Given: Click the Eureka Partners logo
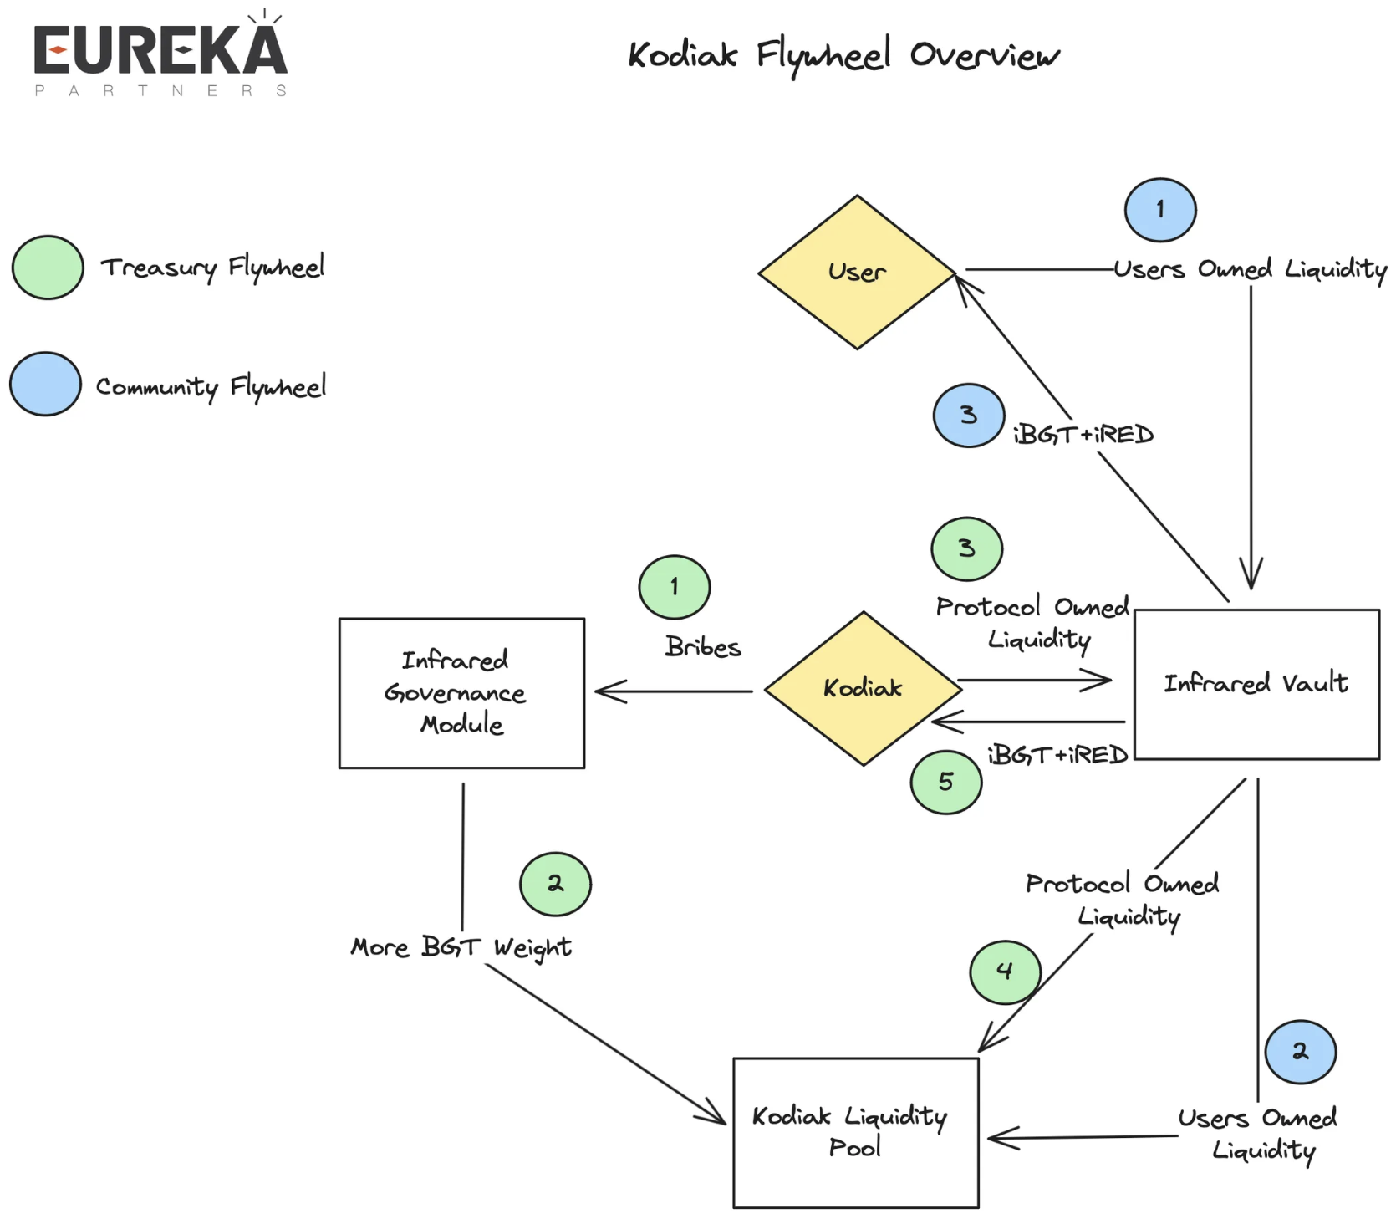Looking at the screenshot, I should [x=160, y=56].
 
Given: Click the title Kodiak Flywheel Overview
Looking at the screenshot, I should [x=843, y=56].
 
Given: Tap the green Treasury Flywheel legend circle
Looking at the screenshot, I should [x=48, y=268].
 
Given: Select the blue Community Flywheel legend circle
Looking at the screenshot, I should [x=46, y=385].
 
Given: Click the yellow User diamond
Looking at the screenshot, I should [x=857, y=273].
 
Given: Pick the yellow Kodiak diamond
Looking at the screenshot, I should [x=863, y=688].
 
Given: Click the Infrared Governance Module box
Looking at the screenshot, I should [x=461, y=693].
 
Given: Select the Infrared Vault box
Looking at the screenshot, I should [x=1256, y=684].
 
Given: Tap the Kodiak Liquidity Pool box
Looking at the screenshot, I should [x=855, y=1133].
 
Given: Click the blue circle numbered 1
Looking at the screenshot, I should [x=1160, y=210].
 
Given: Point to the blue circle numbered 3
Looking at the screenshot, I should [x=969, y=416].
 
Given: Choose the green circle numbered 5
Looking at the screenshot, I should [x=946, y=782].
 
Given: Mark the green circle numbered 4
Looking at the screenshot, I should [x=1005, y=972].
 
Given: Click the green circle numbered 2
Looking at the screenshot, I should [x=555, y=884].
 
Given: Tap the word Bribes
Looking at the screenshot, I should [x=703, y=647].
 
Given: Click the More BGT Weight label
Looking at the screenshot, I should [x=461, y=947].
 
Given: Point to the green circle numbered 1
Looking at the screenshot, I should [x=675, y=587].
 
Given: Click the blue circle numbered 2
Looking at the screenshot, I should [x=1301, y=1052].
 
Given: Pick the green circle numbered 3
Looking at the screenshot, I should [x=967, y=549].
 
